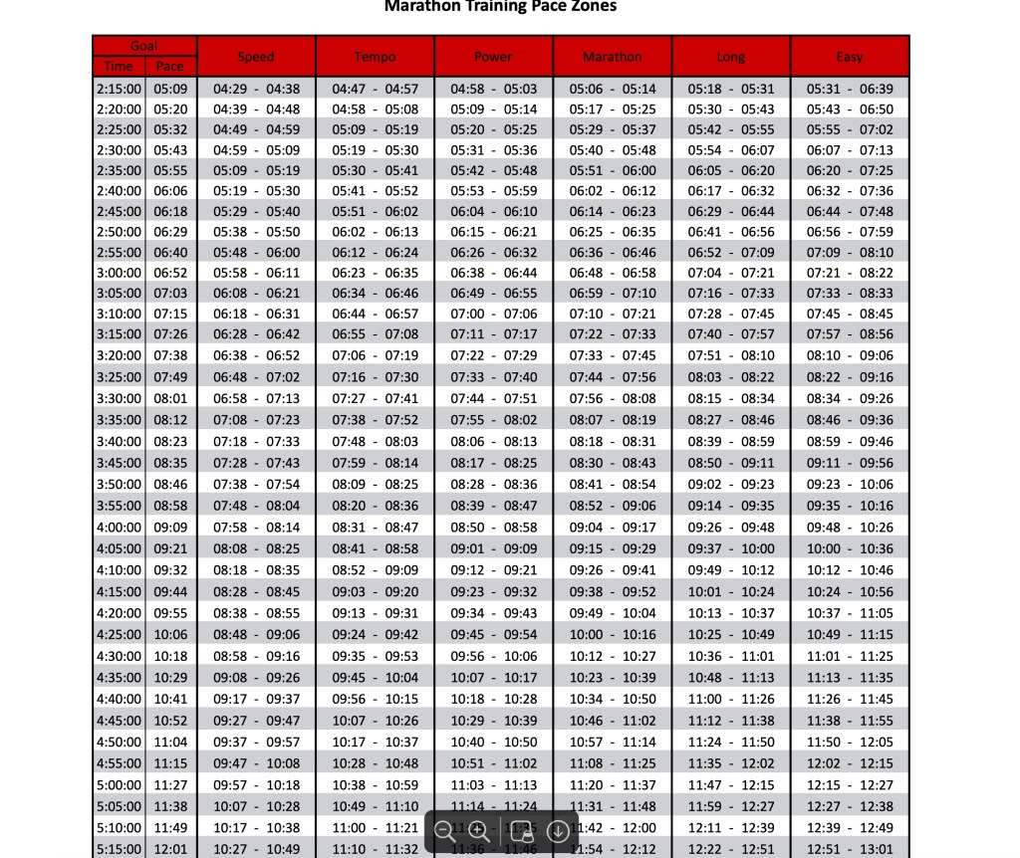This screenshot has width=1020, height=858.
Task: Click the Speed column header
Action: point(256,57)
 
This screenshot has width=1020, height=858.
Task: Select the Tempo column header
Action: point(375,57)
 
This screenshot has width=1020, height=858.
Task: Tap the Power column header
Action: point(493,57)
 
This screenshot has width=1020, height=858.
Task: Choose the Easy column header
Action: point(850,57)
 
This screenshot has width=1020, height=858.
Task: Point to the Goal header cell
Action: point(144,46)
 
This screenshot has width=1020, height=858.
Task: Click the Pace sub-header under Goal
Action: point(170,67)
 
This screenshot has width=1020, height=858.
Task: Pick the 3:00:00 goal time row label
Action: point(119,273)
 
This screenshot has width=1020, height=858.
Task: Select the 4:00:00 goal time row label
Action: point(119,528)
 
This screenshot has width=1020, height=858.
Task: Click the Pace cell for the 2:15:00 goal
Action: point(170,89)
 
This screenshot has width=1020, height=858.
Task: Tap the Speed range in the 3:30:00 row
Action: point(256,399)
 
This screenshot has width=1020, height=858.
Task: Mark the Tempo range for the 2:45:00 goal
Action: point(375,211)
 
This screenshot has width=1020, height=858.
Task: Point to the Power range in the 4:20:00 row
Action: point(493,613)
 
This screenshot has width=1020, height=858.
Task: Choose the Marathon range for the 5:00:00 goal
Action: point(613,785)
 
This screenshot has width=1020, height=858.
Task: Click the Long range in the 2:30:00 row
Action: point(731,150)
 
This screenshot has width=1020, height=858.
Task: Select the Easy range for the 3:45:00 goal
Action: point(850,463)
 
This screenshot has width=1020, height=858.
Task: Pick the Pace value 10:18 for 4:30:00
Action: point(170,656)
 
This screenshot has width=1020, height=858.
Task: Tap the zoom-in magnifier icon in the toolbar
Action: point(478,830)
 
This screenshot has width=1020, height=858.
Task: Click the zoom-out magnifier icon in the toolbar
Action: point(445,830)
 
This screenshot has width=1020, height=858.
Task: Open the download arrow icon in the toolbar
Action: point(558,830)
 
